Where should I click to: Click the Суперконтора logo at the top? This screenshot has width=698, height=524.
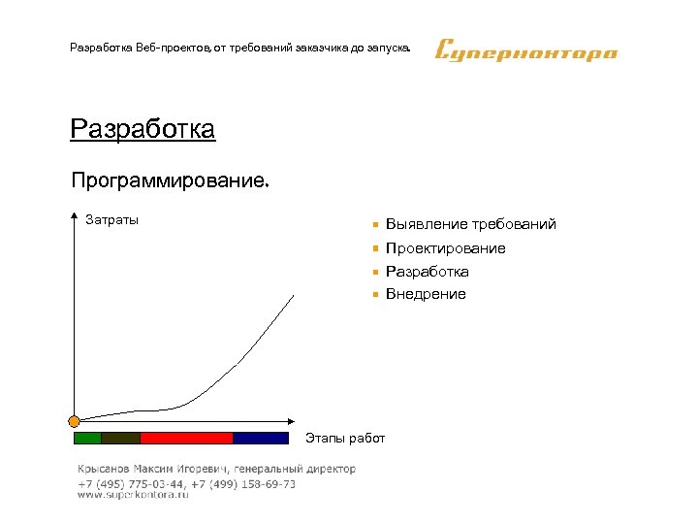525,49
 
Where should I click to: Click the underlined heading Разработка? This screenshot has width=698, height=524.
143,129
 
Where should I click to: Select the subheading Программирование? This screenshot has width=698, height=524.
171,180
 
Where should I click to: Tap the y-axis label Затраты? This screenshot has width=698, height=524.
111,219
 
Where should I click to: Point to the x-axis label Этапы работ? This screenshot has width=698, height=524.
345,439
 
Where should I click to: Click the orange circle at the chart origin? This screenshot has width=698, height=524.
74,421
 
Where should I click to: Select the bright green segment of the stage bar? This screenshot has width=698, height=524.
88,438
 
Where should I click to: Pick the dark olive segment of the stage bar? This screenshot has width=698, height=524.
121,438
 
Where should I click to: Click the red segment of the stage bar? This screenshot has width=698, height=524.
187,438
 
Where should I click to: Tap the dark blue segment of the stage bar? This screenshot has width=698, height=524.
261,438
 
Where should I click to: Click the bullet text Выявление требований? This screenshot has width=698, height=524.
470,224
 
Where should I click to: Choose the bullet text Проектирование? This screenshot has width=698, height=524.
445,248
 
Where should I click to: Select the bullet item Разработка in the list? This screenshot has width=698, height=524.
427,272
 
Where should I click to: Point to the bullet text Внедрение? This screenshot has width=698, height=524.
426,294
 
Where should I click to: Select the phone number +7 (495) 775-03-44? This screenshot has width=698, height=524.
131,483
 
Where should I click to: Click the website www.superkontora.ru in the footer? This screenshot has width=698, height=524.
133,495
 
